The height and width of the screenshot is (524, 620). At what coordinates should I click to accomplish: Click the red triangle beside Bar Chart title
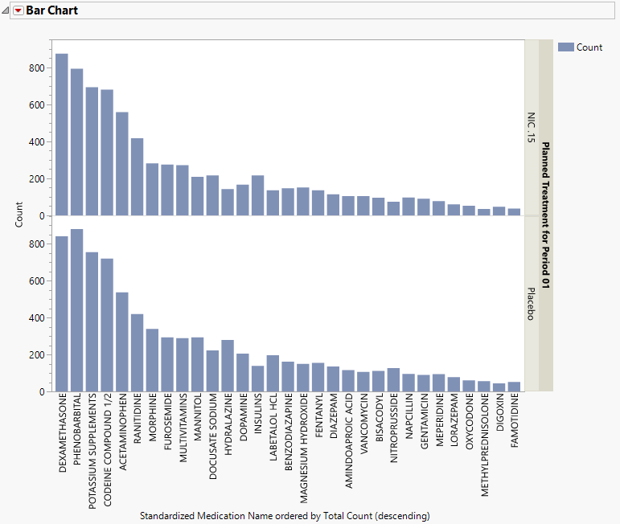tap(18, 10)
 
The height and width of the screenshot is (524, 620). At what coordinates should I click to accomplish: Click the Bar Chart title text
tap(52, 10)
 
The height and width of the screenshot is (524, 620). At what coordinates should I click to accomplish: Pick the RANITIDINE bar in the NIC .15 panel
tap(138, 177)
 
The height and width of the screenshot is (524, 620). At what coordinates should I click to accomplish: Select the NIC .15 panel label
tap(531, 128)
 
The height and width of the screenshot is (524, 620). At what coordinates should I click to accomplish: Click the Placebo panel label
tap(531, 304)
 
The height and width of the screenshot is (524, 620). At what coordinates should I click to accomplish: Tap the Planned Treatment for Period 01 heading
tap(546, 215)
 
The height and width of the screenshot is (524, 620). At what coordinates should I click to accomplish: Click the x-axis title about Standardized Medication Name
tap(285, 514)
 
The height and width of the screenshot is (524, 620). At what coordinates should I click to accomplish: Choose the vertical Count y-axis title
tap(19, 215)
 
